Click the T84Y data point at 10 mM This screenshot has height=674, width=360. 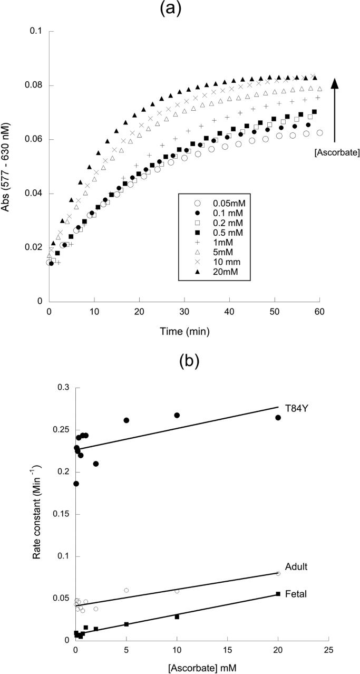click(x=177, y=416)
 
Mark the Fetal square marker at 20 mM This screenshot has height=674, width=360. click(x=278, y=594)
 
